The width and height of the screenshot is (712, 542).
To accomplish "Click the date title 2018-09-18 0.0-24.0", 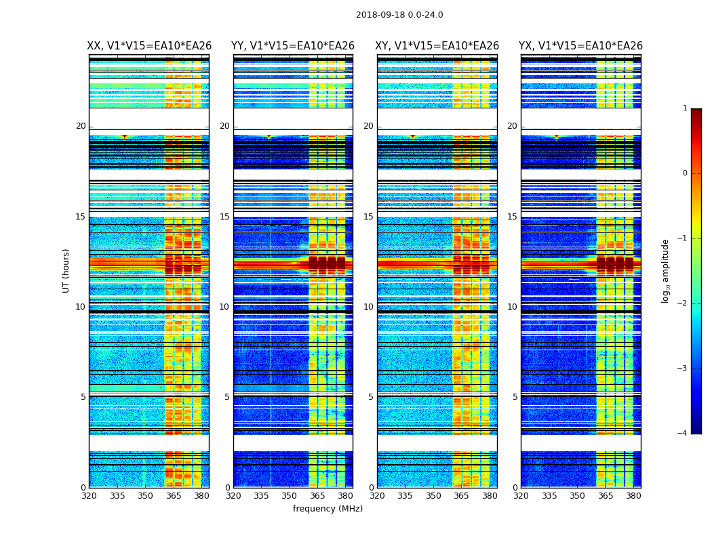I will click(x=399, y=15).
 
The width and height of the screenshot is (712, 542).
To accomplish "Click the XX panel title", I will click(x=149, y=46).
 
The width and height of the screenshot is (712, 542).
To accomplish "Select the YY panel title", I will click(x=293, y=46).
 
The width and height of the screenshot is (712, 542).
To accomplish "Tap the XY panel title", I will click(x=437, y=46).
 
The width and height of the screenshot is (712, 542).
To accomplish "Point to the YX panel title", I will click(x=580, y=46).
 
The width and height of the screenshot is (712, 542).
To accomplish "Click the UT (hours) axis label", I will click(x=66, y=270).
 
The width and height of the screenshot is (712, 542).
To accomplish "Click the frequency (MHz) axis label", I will click(x=328, y=509).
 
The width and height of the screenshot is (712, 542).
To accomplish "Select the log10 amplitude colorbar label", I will click(x=666, y=270).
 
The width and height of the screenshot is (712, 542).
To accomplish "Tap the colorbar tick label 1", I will click(x=685, y=108).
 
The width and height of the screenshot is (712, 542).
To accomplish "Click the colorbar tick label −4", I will click(x=683, y=434).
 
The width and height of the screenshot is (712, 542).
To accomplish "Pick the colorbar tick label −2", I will click(x=683, y=304).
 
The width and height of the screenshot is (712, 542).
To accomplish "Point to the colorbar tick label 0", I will click(x=685, y=173).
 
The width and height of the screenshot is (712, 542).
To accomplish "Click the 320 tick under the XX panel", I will click(x=89, y=496).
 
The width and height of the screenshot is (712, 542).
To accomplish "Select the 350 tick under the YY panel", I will click(x=290, y=496).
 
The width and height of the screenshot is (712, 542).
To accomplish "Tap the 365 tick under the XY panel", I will click(x=462, y=496).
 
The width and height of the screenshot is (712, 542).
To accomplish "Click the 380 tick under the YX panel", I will click(x=633, y=496).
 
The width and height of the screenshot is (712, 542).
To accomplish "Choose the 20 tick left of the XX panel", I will click(x=81, y=126).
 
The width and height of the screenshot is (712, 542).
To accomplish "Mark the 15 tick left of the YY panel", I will click(x=224, y=217).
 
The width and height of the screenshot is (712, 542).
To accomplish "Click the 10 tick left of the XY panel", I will click(x=368, y=307).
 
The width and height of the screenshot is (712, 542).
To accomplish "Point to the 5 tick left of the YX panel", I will click(x=515, y=397).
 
